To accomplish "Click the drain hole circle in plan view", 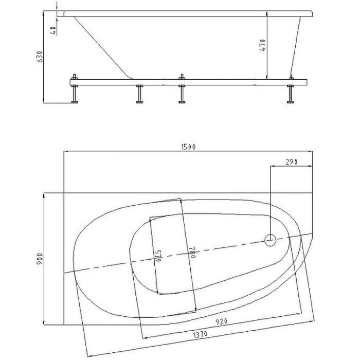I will (x=271, y=239).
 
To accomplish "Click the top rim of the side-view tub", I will (x=185, y=13).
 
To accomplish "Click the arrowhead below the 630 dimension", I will (x=46, y=100).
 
